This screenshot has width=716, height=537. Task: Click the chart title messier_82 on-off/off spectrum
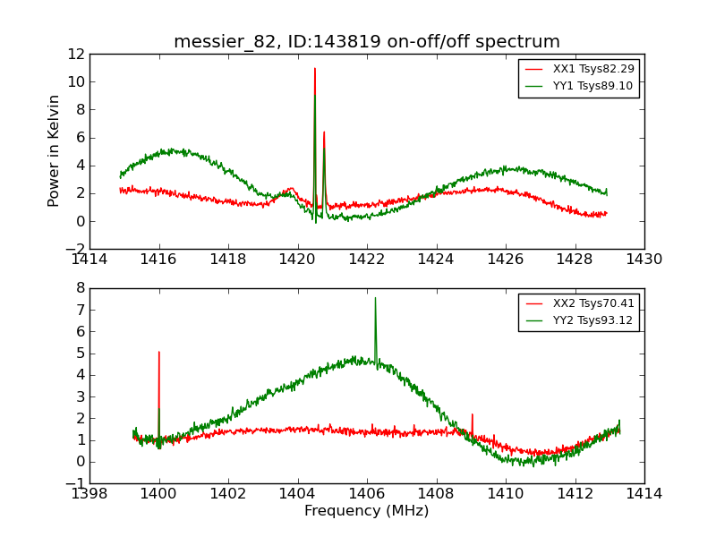(367, 42)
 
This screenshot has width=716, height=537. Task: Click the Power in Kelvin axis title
(55, 150)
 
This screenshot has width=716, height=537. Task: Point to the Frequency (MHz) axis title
(367, 511)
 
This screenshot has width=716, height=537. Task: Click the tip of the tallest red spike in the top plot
(315, 68)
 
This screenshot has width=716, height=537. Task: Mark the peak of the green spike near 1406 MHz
(375, 298)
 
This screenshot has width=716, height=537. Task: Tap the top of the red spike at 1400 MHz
(159, 352)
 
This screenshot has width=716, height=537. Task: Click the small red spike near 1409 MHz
(472, 414)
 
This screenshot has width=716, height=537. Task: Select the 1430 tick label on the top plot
(644, 260)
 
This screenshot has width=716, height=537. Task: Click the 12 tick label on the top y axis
(75, 54)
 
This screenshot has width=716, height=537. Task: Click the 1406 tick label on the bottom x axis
(367, 494)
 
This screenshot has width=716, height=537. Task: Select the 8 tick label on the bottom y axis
(80, 288)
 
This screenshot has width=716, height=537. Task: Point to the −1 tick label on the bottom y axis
(75, 483)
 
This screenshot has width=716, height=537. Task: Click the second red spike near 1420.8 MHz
(324, 132)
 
